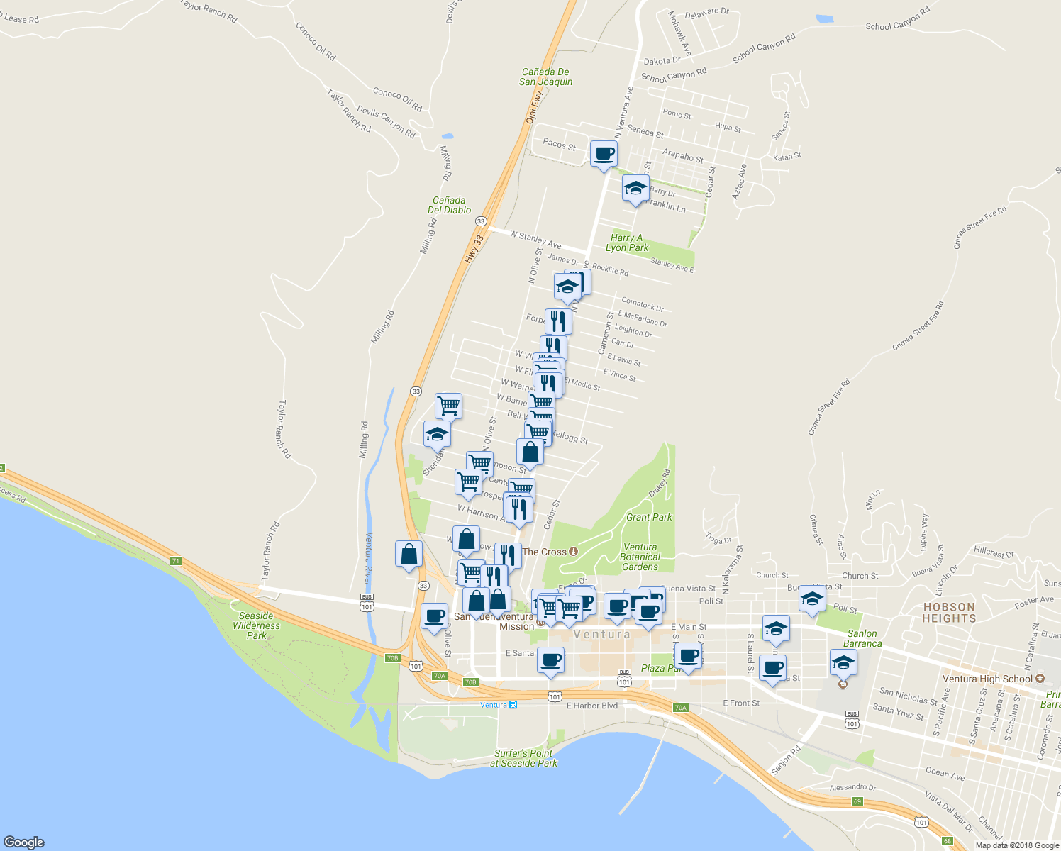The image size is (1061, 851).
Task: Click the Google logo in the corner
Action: [x=24, y=842]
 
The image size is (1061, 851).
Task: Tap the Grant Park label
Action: [x=649, y=518]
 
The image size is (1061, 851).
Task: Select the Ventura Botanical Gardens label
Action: [x=640, y=557]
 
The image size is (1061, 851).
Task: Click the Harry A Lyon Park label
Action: [x=627, y=243]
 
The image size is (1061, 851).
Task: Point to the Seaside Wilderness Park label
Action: [x=256, y=625]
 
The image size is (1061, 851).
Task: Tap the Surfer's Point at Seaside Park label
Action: [x=523, y=758]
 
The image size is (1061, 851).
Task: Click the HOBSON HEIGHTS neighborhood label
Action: [x=949, y=613]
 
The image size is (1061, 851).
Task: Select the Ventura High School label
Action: [x=987, y=679]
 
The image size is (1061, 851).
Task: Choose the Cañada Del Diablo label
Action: [x=449, y=205]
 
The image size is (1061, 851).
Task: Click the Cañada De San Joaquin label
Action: [x=545, y=77]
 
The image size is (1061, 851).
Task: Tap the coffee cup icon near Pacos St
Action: [x=604, y=154]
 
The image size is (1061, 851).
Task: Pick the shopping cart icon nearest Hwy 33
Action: [x=448, y=406]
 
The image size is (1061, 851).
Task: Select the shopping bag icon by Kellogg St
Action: [x=530, y=452]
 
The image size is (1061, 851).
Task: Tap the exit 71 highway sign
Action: [x=176, y=561]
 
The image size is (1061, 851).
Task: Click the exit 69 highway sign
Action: [x=857, y=801]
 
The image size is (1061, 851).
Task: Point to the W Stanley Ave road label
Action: [x=535, y=240]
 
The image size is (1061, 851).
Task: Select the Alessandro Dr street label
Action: [x=852, y=787]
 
